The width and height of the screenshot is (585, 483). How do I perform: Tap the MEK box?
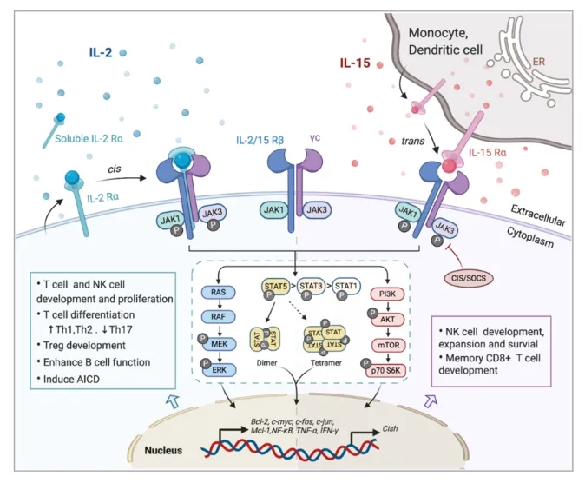coord(221,346)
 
